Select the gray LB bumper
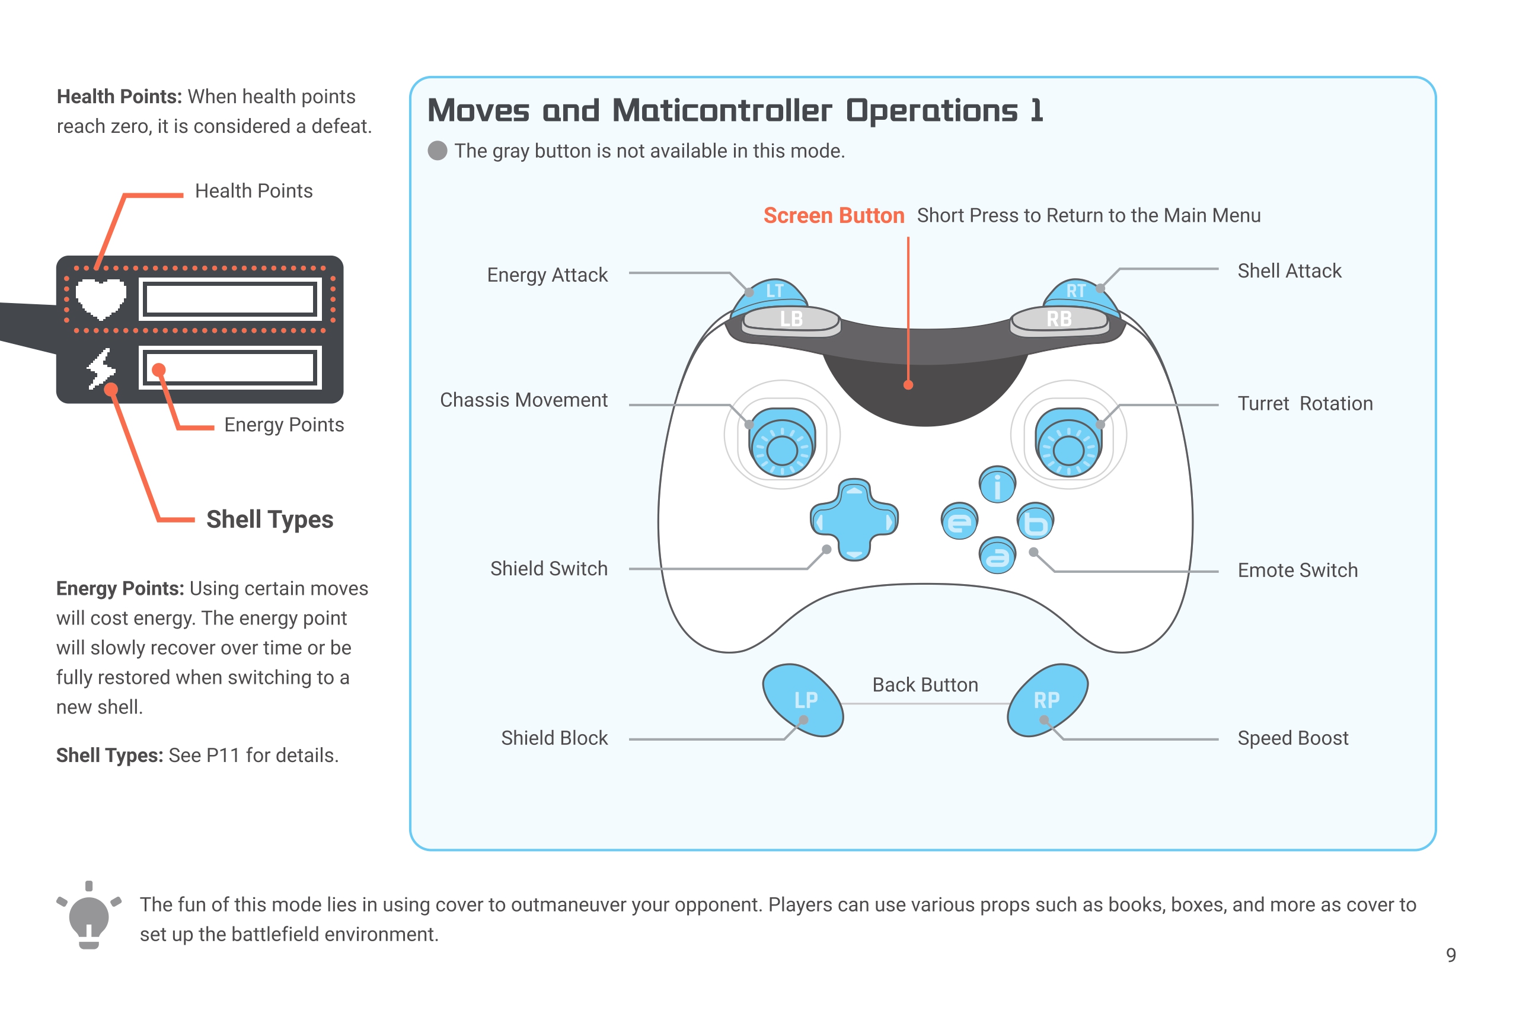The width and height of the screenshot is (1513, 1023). coord(791,319)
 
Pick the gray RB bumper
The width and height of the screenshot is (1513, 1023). coord(1059,319)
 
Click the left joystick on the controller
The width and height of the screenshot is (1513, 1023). coord(782,442)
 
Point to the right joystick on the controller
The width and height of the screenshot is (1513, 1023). coord(1068,442)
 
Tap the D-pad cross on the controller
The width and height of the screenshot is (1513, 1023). coord(854,520)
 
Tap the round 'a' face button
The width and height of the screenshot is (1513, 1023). coord(997,556)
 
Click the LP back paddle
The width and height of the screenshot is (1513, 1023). coord(803,700)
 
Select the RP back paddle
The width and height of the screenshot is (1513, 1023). coord(1048,700)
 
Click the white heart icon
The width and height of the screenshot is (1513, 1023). coord(101,298)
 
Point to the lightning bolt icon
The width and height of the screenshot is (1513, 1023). coord(101,368)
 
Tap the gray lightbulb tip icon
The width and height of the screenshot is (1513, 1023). coord(88,916)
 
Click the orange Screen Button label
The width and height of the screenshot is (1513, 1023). coord(834,215)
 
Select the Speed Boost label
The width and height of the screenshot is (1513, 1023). coord(1292,738)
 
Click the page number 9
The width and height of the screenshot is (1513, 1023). coord(1451,955)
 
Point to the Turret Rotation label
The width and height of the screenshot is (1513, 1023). coord(1305,404)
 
